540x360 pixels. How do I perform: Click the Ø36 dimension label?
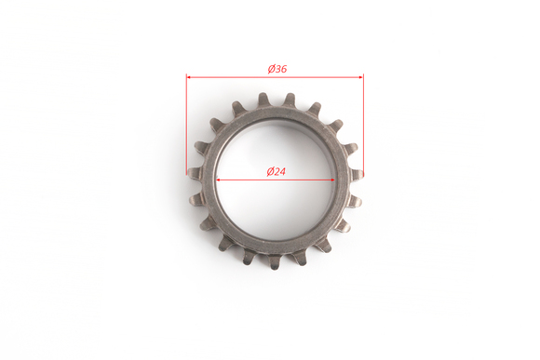tap(277, 69)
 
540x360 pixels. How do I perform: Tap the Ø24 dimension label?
tap(277, 171)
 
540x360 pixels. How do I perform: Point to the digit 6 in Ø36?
tap(283, 69)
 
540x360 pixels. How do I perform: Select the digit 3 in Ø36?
tap(277, 69)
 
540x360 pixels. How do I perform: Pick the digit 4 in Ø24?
tap(282, 171)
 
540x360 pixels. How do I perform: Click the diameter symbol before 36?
tap(271, 69)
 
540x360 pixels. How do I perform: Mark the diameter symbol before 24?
tap(270, 171)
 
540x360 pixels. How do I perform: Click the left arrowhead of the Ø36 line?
tap(189, 77)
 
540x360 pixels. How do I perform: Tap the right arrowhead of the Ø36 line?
tap(361, 77)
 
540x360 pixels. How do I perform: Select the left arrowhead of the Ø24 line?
tap(219, 180)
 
